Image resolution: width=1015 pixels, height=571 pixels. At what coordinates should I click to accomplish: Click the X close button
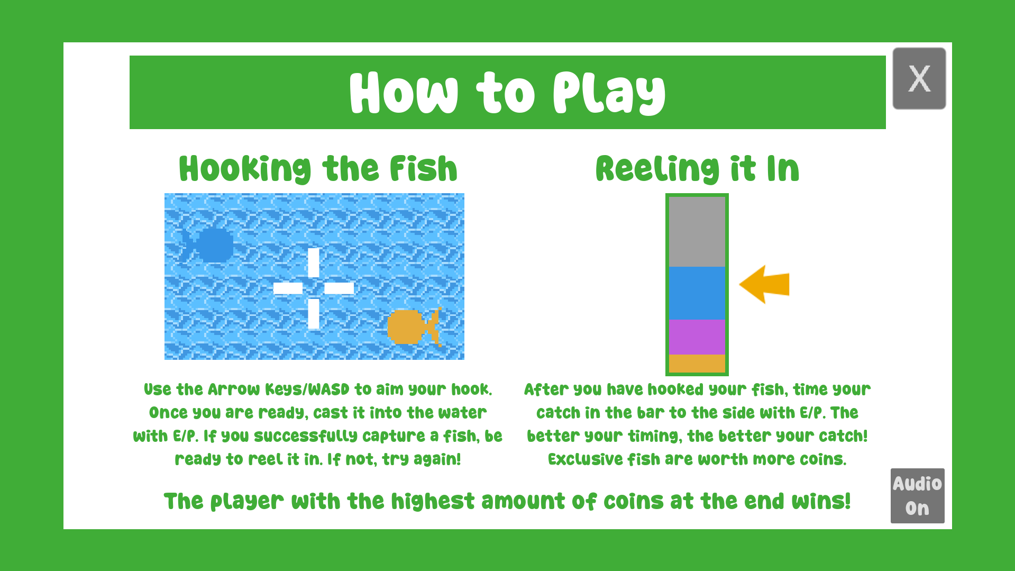919,78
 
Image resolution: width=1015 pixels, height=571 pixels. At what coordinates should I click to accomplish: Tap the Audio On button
917,496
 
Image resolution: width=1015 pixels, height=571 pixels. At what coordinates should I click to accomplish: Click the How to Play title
507,93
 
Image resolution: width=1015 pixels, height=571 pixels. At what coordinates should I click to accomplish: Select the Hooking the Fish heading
318,169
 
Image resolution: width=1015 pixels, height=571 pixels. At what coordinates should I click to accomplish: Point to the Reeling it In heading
697,169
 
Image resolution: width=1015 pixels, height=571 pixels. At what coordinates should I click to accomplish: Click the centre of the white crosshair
314,288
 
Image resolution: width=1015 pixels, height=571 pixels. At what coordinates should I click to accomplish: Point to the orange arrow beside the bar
764,284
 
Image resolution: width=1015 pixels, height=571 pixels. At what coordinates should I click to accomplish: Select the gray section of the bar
697,232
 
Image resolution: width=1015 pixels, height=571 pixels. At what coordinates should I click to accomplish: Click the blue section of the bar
697,293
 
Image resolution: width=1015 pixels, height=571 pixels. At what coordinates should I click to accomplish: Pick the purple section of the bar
697,337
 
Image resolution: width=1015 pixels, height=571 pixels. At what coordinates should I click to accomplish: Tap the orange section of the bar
697,363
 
